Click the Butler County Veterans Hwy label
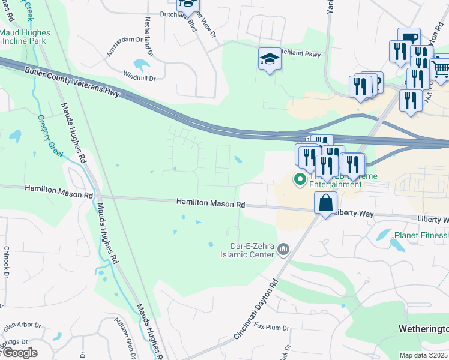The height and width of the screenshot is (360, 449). (72, 79)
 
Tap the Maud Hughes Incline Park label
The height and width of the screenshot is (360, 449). (22, 37)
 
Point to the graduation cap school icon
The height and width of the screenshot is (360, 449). (270, 59)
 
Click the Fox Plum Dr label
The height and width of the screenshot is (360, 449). (271, 328)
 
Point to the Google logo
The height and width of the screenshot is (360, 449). (19, 353)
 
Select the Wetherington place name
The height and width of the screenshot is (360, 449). (424, 329)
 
